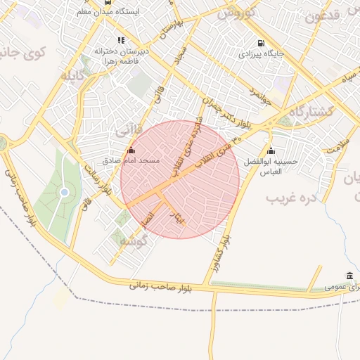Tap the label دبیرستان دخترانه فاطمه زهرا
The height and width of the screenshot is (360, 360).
pyautogui.click(x=120, y=56)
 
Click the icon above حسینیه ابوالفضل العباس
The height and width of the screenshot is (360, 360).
pyautogui.click(x=271, y=150)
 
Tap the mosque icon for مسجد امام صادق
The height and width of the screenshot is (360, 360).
pyautogui.click(x=131, y=150)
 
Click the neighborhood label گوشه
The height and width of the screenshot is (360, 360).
pyautogui.click(x=132, y=241)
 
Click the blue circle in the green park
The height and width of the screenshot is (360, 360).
pyautogui.click(x=64, y=192)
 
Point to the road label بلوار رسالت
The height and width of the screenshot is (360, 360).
pyautogui.click(x=97, y=181)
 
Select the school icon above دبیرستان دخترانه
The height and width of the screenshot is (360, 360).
pyautogui.click(x=121, y=41)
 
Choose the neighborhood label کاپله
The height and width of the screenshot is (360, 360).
pyautogui.click(x=73, y=75)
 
